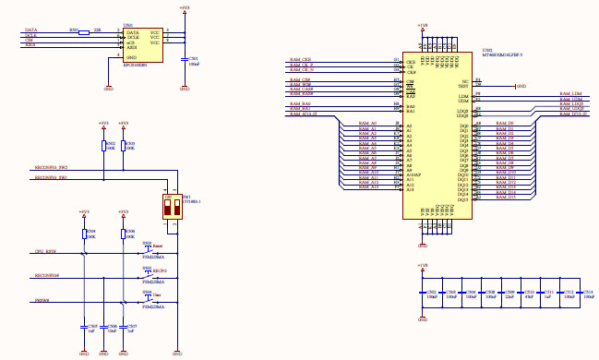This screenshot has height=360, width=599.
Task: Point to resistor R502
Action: (x=102, y=146)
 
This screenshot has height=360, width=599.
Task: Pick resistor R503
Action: (x=123, y=146)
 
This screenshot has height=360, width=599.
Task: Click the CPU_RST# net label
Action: (x=45, y=251)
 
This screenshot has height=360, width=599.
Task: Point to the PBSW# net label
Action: (x=42, y=300)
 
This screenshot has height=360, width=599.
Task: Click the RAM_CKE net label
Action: (x=301, y=59)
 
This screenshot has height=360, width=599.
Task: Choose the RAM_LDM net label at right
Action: (x=570, y=94)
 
